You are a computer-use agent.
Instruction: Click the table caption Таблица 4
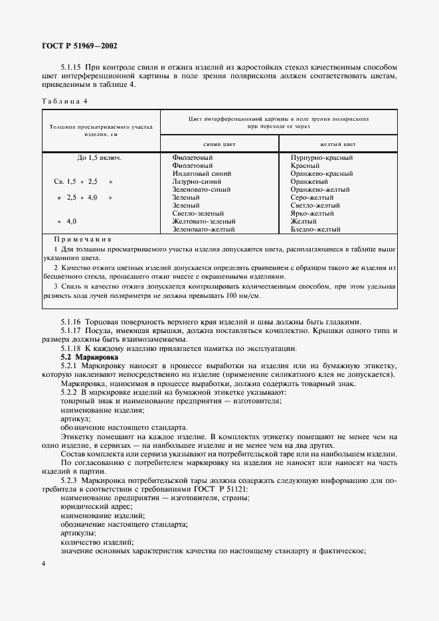coord(64,101)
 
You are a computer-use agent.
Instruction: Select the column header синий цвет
coord(220,143)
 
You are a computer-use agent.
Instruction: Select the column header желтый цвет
coord(338,143)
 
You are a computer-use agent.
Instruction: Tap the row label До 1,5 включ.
coord(100,158)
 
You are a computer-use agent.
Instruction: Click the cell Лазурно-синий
coord(197,182)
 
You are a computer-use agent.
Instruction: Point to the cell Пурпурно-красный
coord(321,158)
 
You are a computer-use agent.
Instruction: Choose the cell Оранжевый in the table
coord(309,182)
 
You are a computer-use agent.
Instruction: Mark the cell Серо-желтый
coord(312,198)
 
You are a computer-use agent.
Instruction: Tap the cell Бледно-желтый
coord(315,230)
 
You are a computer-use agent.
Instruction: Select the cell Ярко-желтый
coord(312,214)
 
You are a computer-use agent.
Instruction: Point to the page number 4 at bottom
coord(43,563)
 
